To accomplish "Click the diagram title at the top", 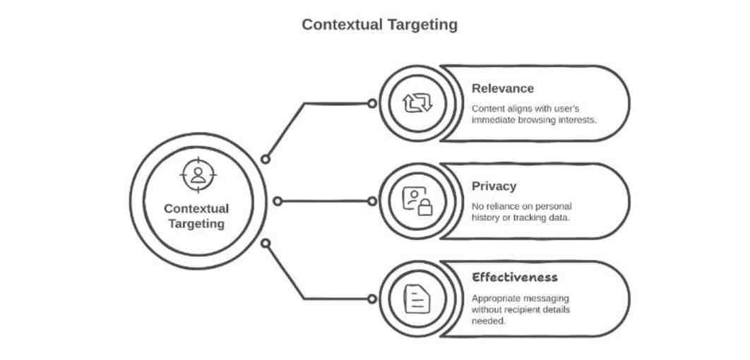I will (x=379, y=25).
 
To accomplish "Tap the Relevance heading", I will (x=502, y=88).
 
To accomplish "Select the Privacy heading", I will (x=494, y=186).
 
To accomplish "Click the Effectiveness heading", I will (x=514, y=277).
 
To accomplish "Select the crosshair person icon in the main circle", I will (x=198, y=175).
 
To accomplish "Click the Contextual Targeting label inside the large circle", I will (x=196, y=216).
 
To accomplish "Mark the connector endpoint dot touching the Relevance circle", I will (x=372, y=104).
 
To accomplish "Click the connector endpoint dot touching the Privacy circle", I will (x=372, y=201).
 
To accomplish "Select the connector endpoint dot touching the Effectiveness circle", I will (x=372, y=299).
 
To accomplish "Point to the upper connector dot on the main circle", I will (x=266, y=159).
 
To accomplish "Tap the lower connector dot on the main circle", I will (x=266, y=244).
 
